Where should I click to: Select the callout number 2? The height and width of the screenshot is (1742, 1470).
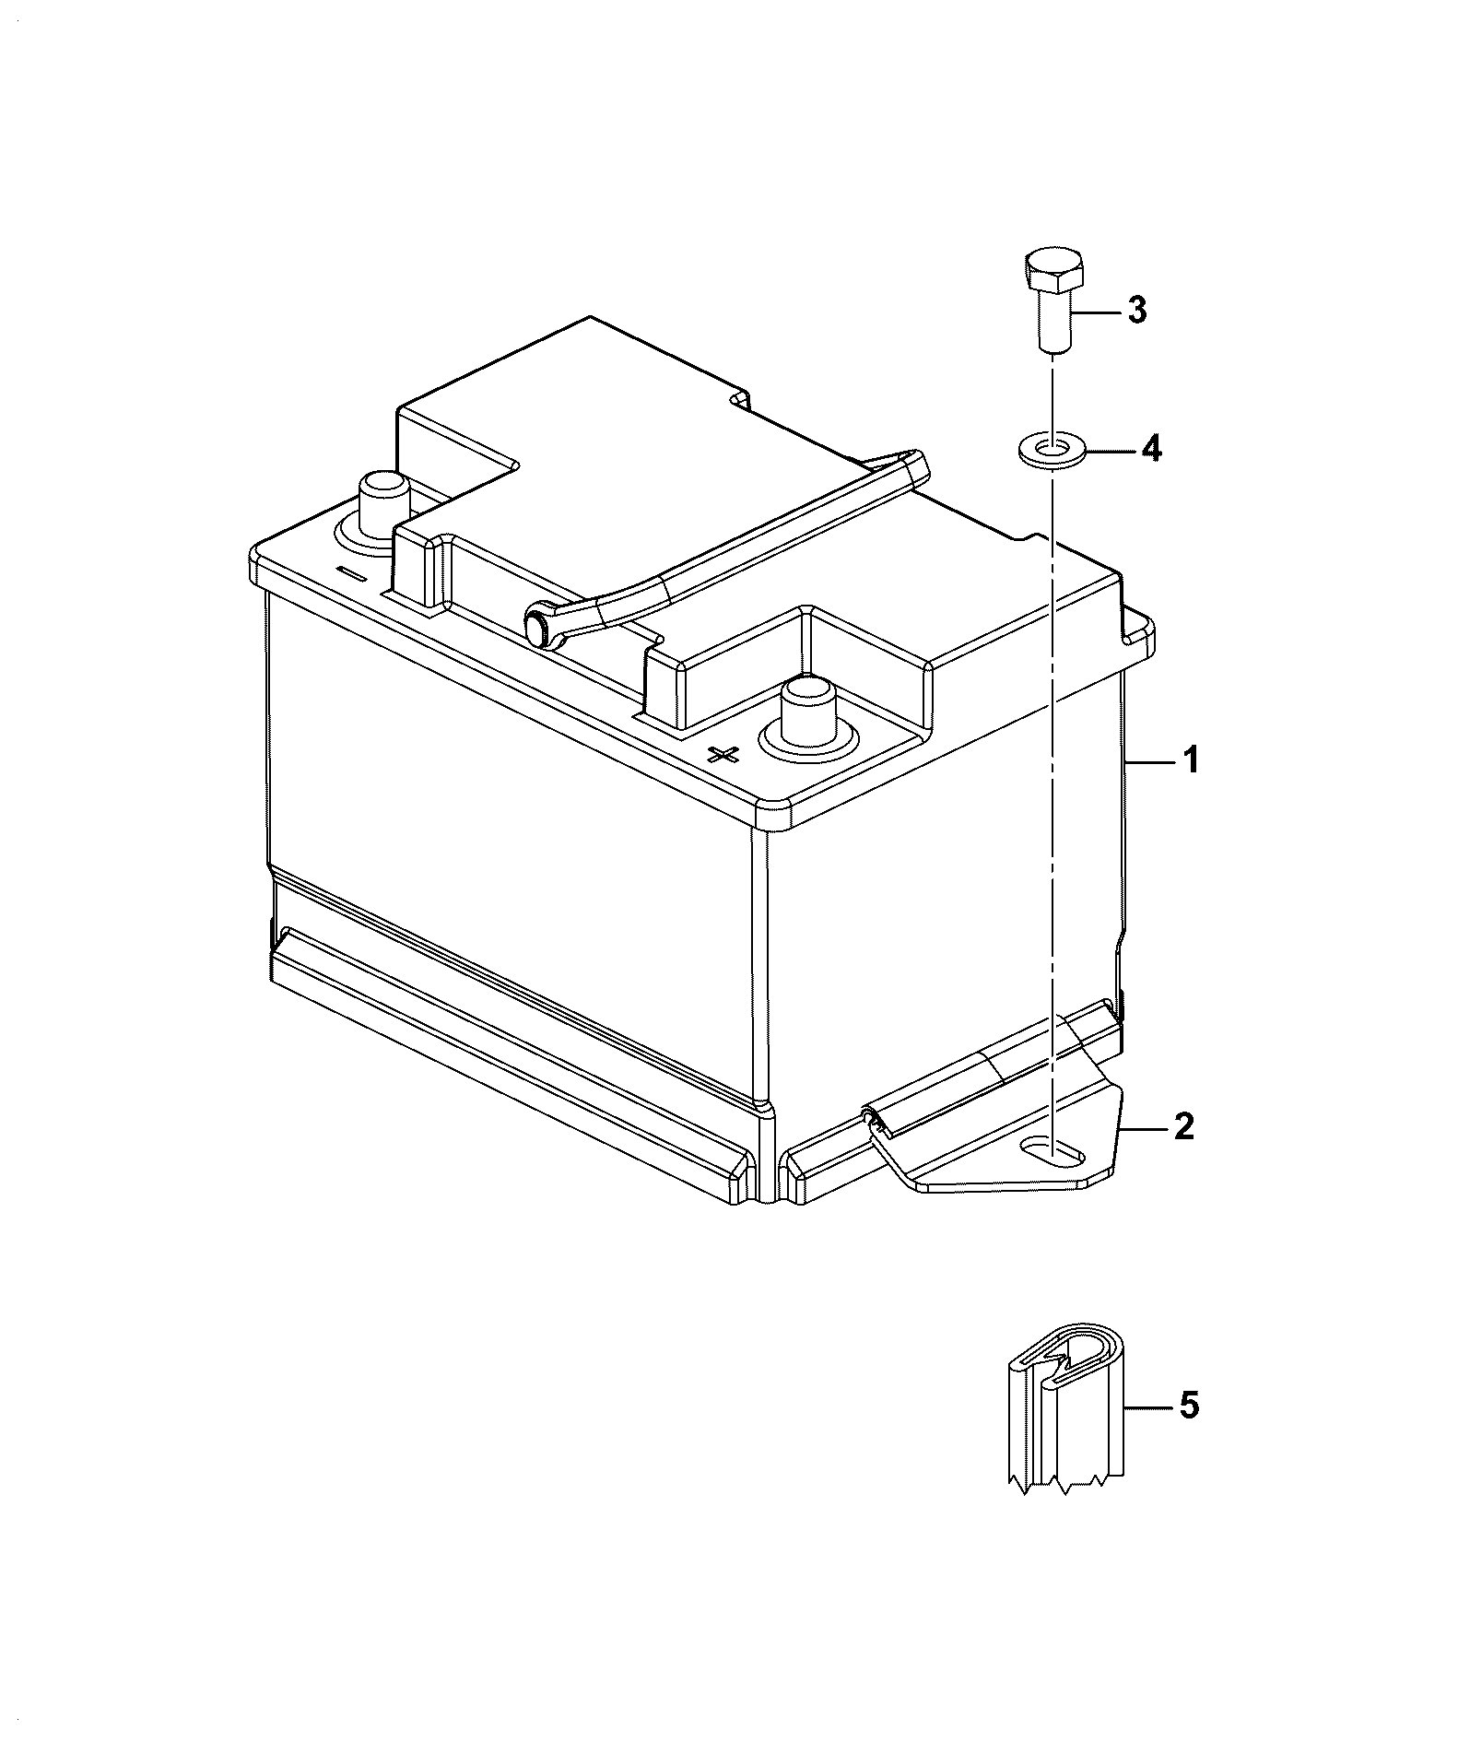point(1184,1126)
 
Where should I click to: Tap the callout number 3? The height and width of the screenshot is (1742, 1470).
point(1137,311)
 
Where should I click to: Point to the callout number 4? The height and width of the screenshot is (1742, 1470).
point(1151,449)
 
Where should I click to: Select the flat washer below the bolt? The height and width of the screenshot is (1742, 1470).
point(1053,452)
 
